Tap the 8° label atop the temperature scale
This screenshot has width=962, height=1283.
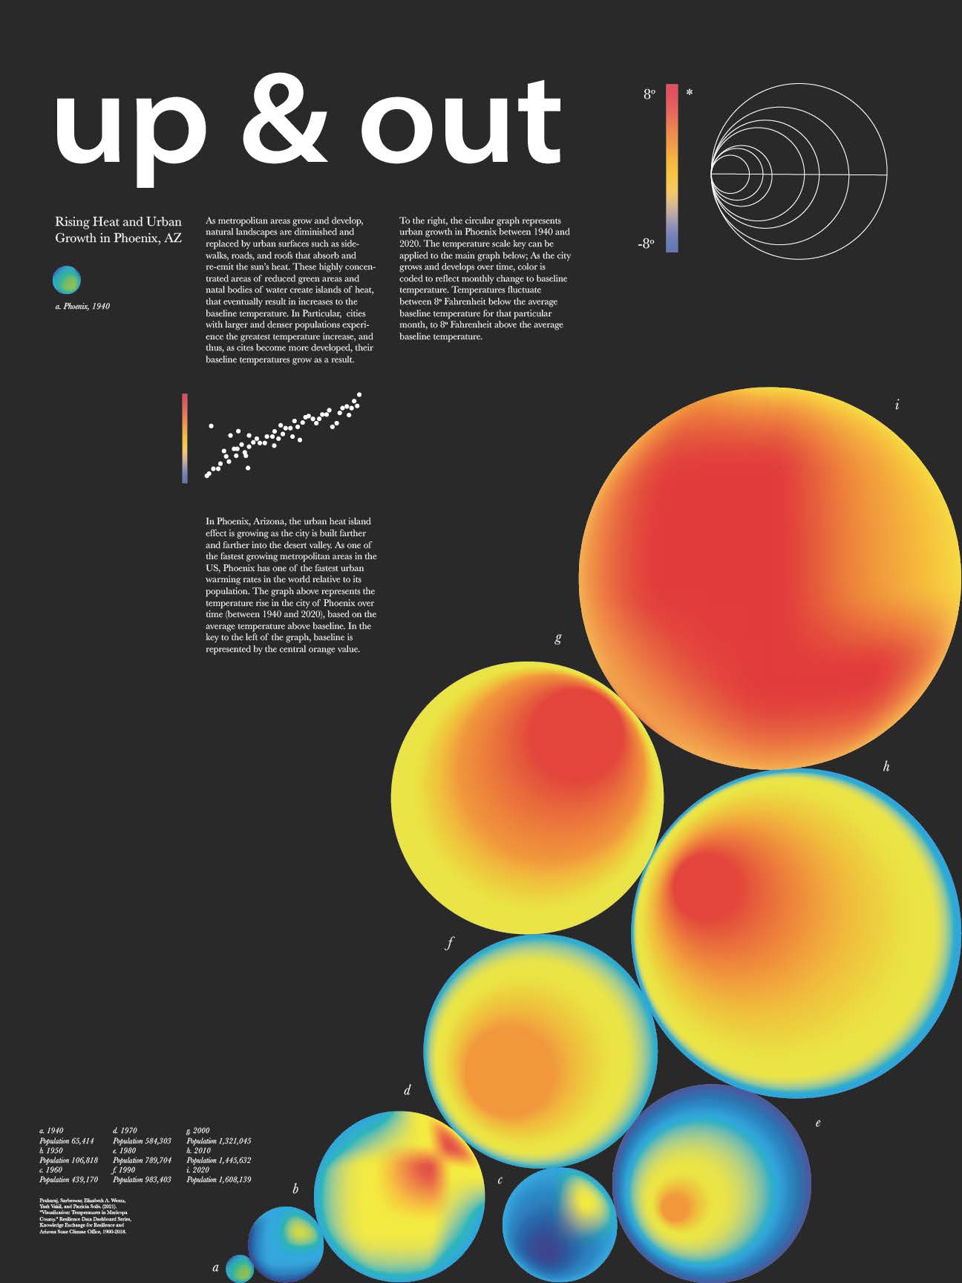649,94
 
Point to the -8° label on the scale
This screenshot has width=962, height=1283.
647,244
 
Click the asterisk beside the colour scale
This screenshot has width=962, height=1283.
690,94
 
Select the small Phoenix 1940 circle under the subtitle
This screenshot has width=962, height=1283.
67,280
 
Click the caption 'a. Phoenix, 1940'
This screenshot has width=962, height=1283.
82,306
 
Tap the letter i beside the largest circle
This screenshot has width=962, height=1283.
897,405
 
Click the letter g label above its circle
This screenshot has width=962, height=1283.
558,637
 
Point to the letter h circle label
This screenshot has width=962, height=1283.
886,767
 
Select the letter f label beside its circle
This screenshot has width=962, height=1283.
449,944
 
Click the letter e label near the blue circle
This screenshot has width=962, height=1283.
818,1123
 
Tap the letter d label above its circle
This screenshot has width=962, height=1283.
407,1091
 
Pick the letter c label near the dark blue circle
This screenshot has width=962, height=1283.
500,1180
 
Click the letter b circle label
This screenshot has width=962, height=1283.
295,1189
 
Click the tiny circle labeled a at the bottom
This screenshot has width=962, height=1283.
239,1268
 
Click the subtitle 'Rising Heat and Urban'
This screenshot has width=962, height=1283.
118,222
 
